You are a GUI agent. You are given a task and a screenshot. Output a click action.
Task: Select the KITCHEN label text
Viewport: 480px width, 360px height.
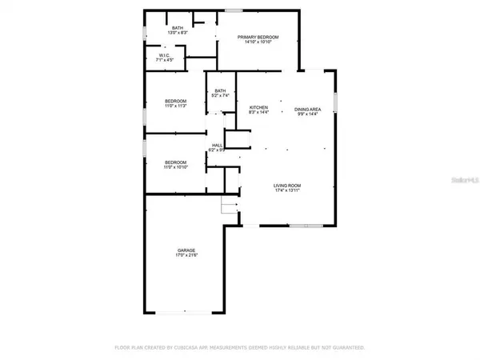point(258,108)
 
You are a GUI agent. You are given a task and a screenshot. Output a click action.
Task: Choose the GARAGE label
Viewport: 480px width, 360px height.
point(186,250)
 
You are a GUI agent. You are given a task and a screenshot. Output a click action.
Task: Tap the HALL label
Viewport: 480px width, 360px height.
point(216,145)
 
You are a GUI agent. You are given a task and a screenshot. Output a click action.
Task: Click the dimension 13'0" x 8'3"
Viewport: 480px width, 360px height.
point(178,34)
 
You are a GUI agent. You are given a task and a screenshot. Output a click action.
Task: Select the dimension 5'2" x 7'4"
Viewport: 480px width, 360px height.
point(220,96)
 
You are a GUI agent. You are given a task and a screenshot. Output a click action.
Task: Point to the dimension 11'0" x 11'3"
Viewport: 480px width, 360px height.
point(175,106)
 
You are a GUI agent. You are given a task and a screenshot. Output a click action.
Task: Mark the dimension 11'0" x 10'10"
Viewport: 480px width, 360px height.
point(175,166)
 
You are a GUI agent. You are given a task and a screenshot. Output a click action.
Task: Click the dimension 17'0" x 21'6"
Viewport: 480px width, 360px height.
point(186,256)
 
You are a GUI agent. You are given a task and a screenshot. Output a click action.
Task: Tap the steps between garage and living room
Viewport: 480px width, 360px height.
point(230,210)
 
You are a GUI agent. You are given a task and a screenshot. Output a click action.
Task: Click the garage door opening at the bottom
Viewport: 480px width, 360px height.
point(186,312)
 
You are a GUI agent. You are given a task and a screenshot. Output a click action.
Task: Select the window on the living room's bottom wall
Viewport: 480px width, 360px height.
point(301,226)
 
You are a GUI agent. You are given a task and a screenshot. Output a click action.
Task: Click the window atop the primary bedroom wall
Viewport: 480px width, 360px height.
point(233,10)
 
